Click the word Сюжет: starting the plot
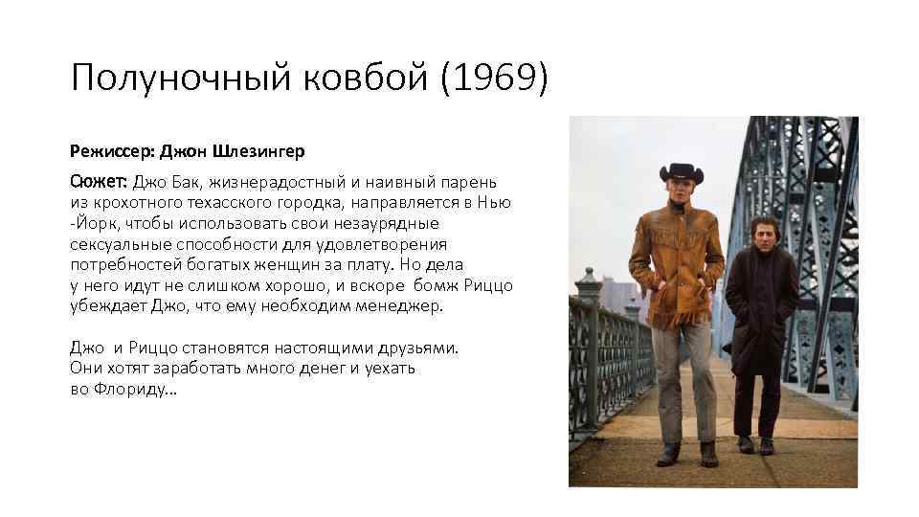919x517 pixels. [x=99, y=182]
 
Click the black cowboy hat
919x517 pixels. [x=682, y=175]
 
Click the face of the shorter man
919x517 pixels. [x=757, y=236]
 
